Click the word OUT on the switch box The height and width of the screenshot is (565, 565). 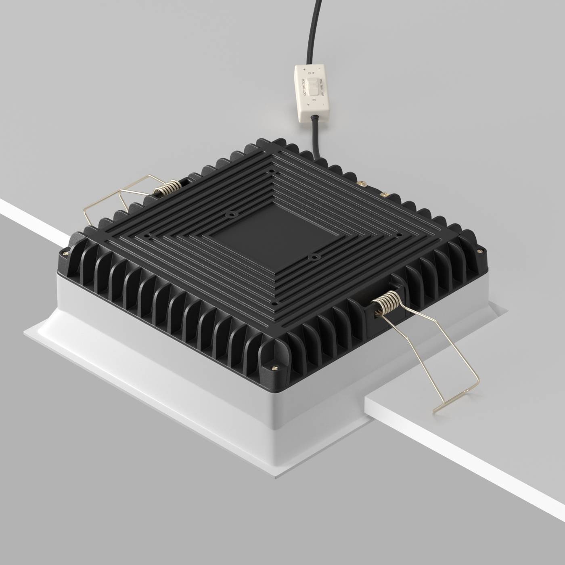tap(311, 73)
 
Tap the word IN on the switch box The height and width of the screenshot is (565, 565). tap(314, 99)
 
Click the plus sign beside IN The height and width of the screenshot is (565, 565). tap(308, 105)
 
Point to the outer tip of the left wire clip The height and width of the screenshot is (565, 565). tap(85, 211)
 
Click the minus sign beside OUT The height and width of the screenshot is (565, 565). tap(320, 69)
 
